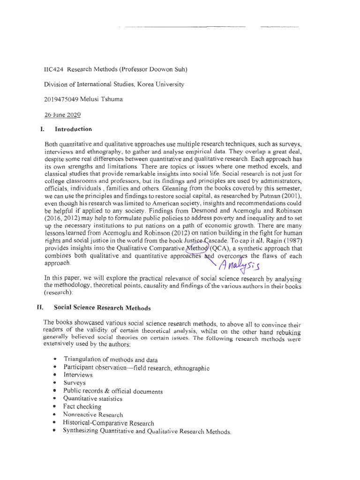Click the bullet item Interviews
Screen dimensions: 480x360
(x=78, y=375)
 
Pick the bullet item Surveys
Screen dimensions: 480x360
(x=75, y=383)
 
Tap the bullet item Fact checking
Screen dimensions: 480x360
(x=82, y=406)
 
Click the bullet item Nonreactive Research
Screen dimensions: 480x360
(x=93, y=415)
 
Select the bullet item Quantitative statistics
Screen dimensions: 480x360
(x=93, y=399)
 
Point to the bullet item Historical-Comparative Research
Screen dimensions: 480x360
(x=108, y=423)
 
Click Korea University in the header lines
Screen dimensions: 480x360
(x=162, y=84)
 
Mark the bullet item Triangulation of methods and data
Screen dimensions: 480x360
(x=110, y=359)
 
